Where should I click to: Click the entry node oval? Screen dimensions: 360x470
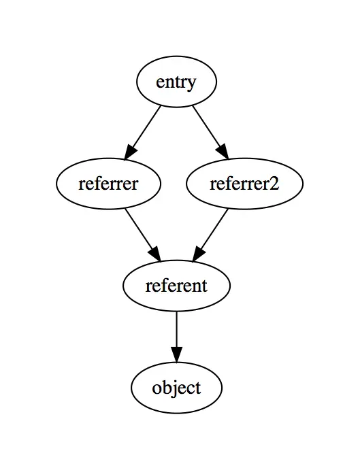pos(176,82)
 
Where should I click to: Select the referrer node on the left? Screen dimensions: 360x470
pos(108,184)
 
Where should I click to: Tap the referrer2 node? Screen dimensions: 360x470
pos(244,184)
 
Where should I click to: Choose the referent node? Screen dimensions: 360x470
pos(176,286)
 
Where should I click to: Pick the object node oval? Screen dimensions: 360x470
pos(176,388)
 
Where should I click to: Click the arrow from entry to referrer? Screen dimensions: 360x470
pos(143,132)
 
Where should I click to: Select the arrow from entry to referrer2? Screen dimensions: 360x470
pos(210,132)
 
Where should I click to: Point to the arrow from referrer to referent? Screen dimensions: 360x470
pos(143,235)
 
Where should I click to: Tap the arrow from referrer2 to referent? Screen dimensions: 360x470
pos(210,235)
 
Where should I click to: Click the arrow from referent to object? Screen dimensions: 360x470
pos(176,337)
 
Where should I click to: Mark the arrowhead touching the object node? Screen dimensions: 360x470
pos(176,355)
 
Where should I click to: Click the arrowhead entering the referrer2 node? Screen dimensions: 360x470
pos(223,152)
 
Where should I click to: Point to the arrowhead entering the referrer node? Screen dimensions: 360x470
pos(131,152)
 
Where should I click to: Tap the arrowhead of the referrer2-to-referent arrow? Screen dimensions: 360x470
pos(198,254)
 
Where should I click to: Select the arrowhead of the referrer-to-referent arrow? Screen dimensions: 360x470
pos(155,254)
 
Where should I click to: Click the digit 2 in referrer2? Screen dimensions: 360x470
pos(274,184)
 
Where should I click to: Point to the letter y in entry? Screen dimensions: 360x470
pos(191,84)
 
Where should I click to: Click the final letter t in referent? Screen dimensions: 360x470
pos(204,286)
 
